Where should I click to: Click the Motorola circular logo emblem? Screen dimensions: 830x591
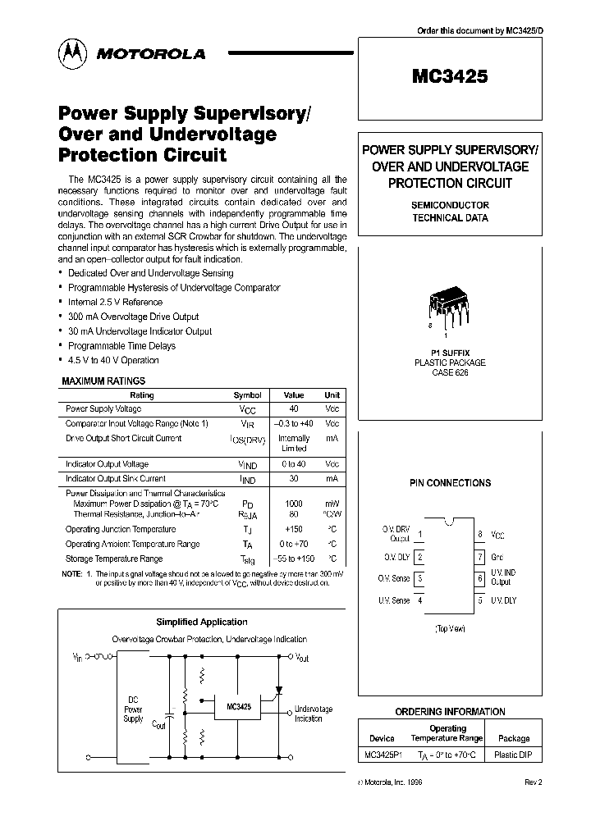[71, 53]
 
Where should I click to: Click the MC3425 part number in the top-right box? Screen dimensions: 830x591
[449, 76]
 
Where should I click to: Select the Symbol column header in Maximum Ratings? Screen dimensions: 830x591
[248, 394]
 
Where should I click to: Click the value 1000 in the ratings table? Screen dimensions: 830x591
[293, 504]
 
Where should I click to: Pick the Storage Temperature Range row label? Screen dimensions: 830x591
[115, 559]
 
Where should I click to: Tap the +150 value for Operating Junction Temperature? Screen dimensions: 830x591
[293, 529]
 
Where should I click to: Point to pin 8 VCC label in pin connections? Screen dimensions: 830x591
[497, 534]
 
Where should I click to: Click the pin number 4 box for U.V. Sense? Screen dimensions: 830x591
[420, 600]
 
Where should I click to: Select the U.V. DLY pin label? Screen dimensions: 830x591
[503, 600]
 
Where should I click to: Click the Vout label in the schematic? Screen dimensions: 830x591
[301, 657]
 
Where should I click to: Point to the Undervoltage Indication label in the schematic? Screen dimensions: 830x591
[313, 714]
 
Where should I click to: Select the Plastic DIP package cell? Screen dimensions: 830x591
[511, 754]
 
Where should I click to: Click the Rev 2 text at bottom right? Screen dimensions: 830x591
[533, 782]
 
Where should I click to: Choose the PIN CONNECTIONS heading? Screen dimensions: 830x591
[450, 483]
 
